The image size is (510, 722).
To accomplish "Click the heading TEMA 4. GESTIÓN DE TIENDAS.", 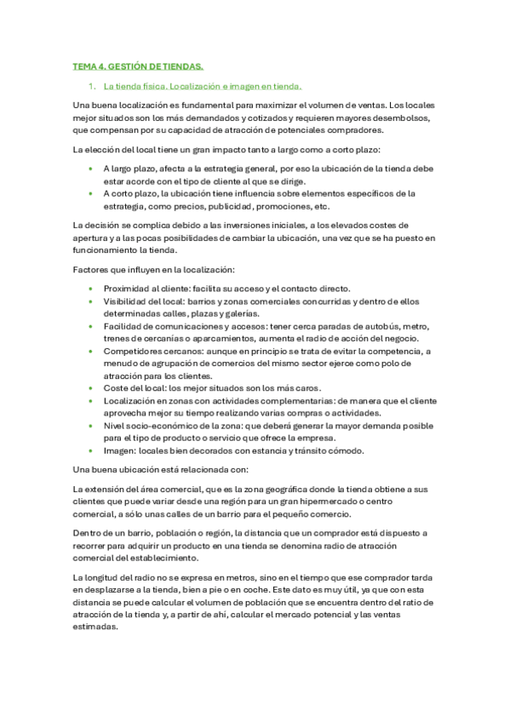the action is click(x=138, y=66).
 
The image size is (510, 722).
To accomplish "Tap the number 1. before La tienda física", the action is click(x=93, y=86).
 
